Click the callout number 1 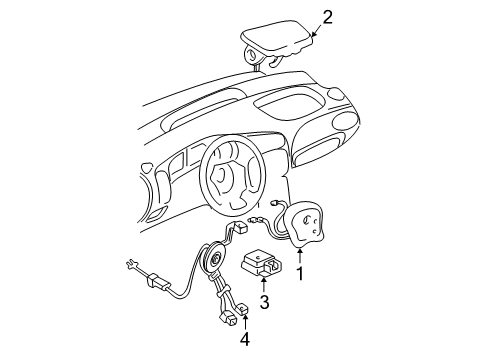pos(297,269)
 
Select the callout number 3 pos(263,301)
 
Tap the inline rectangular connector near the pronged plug pos(158,282)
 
